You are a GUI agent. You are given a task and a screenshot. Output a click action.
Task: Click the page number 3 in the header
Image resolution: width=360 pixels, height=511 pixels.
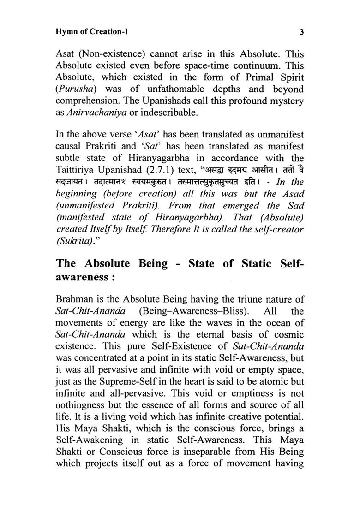pos(300,32)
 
